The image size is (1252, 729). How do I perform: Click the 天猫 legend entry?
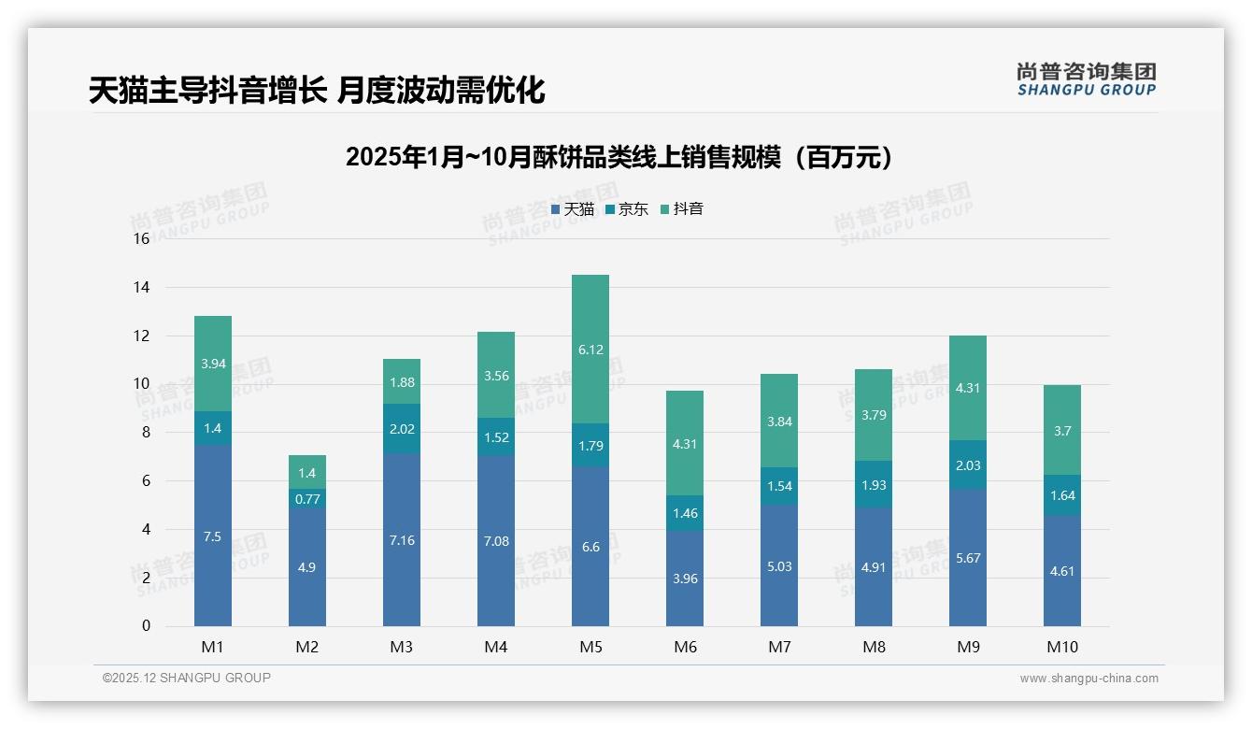click(x=573, y=209)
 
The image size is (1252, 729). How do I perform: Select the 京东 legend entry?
click(x=627, y=209)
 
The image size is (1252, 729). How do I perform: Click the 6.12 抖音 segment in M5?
click(x=590, y=350)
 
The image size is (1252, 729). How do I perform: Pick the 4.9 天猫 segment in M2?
click(x=307, y=567)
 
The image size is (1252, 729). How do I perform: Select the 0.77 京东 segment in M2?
click(x=307, y=499)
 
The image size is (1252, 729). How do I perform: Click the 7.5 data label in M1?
click(x=213, y=536)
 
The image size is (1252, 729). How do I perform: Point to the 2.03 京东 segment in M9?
click(x=968, y=465)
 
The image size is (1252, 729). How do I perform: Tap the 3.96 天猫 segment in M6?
click(x=685, y=579)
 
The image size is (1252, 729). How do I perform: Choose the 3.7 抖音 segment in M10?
click(x=1062, y=431)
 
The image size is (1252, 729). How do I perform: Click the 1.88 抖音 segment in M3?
click(x=402, y=382)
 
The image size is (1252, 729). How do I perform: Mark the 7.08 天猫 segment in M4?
click(x=496, y=541)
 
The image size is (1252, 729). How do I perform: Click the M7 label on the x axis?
click(x=779, y=647)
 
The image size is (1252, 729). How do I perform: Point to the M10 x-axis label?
click(x=1062, y=647)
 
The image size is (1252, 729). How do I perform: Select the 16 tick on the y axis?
click(x=141, y=239)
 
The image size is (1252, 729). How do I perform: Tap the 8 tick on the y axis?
click(x=145, y=433)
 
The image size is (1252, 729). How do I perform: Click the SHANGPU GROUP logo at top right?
click(x=1086, y=79)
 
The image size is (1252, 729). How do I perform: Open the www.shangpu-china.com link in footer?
click(x=1088, y=679)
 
